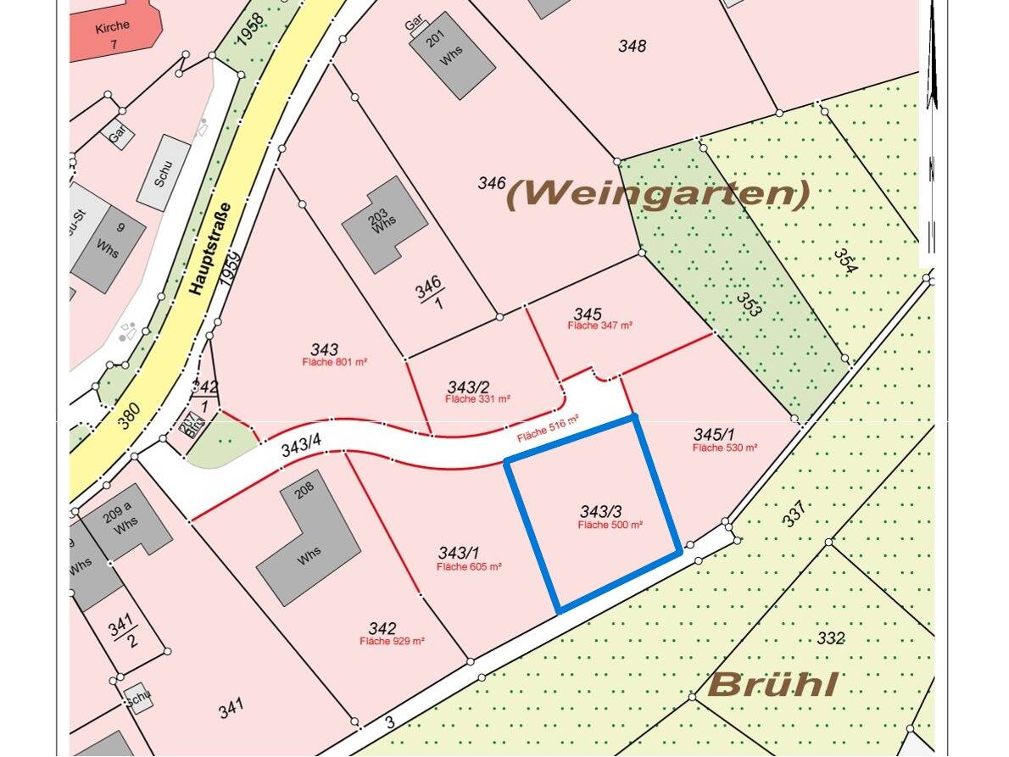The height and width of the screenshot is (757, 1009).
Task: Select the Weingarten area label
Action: [657, 194]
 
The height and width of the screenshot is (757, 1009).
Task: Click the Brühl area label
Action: [773, 684]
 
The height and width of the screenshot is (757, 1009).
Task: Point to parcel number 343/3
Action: [601, 511]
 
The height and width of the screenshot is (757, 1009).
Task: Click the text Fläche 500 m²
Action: [610, 526]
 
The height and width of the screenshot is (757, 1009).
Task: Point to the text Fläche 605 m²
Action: [470, 567]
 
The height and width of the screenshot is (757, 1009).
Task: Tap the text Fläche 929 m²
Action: [392, 642]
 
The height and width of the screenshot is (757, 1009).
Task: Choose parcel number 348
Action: [632, 46]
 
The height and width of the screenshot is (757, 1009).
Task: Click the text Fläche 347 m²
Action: [599, 326]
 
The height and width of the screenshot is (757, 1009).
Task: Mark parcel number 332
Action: [831, 637]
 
